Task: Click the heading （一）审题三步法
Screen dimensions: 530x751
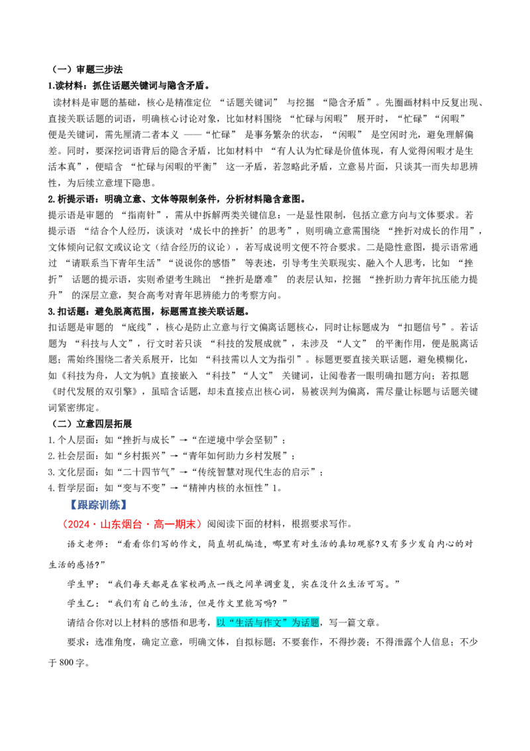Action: pos(87,70)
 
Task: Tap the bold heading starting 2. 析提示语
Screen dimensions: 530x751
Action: pos(176,199)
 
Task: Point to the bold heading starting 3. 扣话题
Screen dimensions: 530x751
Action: pos(148,311)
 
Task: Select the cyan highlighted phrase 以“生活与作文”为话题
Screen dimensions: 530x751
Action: pos(268,622)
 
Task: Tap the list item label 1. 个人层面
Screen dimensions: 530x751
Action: pos(72,440)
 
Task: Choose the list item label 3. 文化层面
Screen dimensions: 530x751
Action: pos(72,472)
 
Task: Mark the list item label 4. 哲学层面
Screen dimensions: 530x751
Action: pos(72,488)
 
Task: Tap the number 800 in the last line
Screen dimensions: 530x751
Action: pos(66,663)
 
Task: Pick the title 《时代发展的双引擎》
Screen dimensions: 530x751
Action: pos(97,391)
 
